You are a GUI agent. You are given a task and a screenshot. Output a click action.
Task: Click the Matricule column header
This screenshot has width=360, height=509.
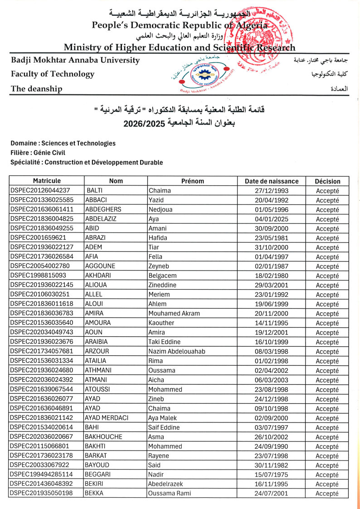[x=46, y=181]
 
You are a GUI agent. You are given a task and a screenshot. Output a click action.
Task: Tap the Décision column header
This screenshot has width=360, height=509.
[x=327, y=181]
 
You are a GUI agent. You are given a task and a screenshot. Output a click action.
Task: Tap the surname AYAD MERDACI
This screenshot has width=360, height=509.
[x=107, y=418]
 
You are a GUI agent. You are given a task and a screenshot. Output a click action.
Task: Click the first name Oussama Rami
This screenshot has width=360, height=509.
[x=170, y=494]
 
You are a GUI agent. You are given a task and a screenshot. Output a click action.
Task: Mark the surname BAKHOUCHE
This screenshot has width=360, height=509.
[x=103, y=437]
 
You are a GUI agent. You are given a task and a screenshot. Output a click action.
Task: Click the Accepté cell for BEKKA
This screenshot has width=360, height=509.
[x=327, y=494]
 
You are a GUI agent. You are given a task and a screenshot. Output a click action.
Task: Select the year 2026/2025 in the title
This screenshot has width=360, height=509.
[x=144, y=123]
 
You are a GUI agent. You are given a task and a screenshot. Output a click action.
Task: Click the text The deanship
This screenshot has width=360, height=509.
[x=37, y=89]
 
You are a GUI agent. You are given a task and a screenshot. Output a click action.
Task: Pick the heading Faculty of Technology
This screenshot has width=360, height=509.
[x=53, y=74]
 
